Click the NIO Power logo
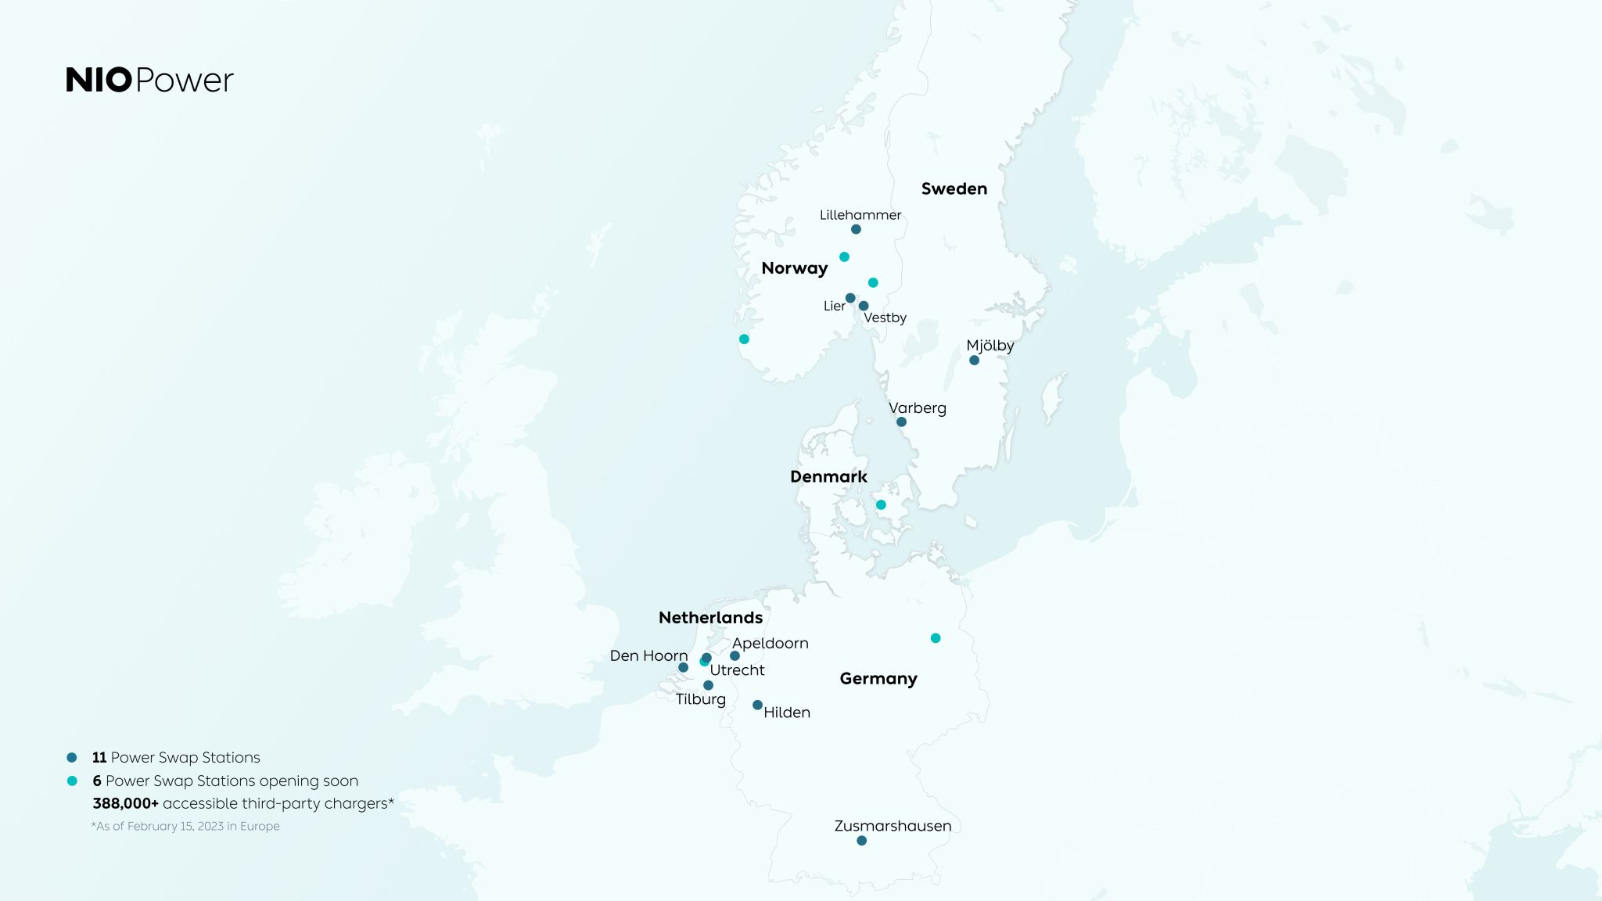pos(149,80)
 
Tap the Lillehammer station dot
pos(856,229)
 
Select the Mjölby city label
pos(990,346)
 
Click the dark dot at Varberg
pos(901,422)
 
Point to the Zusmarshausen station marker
pos(861,841)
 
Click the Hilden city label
pos(786,713)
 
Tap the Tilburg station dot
pos(708,685)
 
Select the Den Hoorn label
pos(648,655)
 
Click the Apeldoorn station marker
pos(735,655)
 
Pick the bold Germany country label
pos(878,679)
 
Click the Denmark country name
pos(828,477)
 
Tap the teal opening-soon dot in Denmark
pos(881,504)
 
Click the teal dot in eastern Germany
pos(936,638)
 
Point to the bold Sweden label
pos(954,189)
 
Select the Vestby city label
pos(885,318)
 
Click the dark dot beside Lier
pos(850,298)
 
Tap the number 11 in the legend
pos(99,757)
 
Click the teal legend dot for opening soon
pos(72,781)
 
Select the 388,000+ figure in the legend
pos(125,803)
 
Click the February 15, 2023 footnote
pos(185,826)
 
